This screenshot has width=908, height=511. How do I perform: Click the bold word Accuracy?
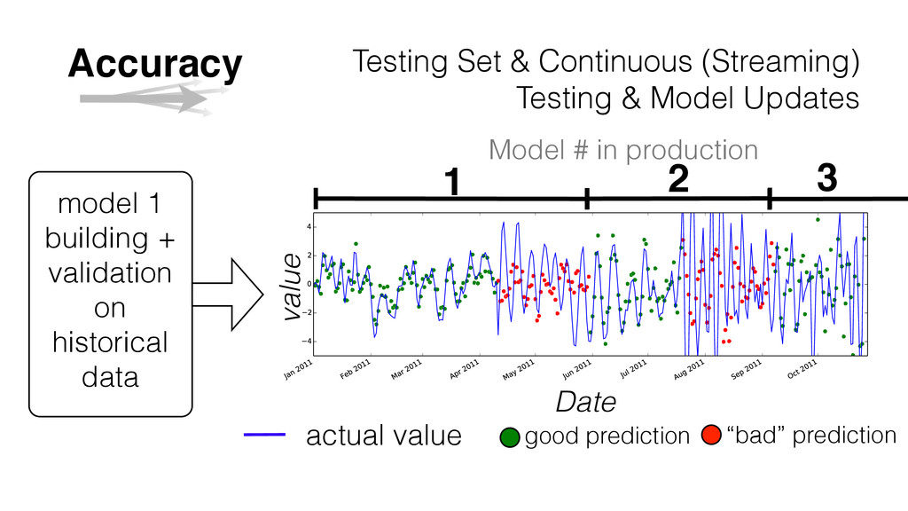point(154,64)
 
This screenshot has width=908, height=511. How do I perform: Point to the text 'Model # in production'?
point(623,150)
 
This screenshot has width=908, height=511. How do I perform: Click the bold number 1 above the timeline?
point(452,181)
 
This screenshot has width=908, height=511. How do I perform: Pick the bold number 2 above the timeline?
point(678,178)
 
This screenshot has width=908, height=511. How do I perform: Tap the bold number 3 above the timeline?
point(827,177)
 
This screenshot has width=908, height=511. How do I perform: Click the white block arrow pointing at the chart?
point(228,295)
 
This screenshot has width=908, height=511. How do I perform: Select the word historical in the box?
point(110,342)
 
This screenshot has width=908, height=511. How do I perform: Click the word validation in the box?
point(110,273)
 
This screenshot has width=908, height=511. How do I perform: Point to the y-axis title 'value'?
point(292,287)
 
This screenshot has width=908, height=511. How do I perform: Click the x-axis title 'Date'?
point(585,402)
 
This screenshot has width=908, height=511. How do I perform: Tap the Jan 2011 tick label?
point(299,369)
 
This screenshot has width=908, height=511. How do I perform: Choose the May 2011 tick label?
point(519,370)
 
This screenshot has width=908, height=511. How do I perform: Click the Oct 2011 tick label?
point(802,369)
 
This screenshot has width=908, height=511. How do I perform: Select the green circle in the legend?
point(510,437)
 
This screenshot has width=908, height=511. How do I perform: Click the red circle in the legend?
point(711,435)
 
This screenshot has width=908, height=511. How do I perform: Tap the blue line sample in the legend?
point(264,435)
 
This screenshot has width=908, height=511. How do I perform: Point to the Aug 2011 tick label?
point(689,369)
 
